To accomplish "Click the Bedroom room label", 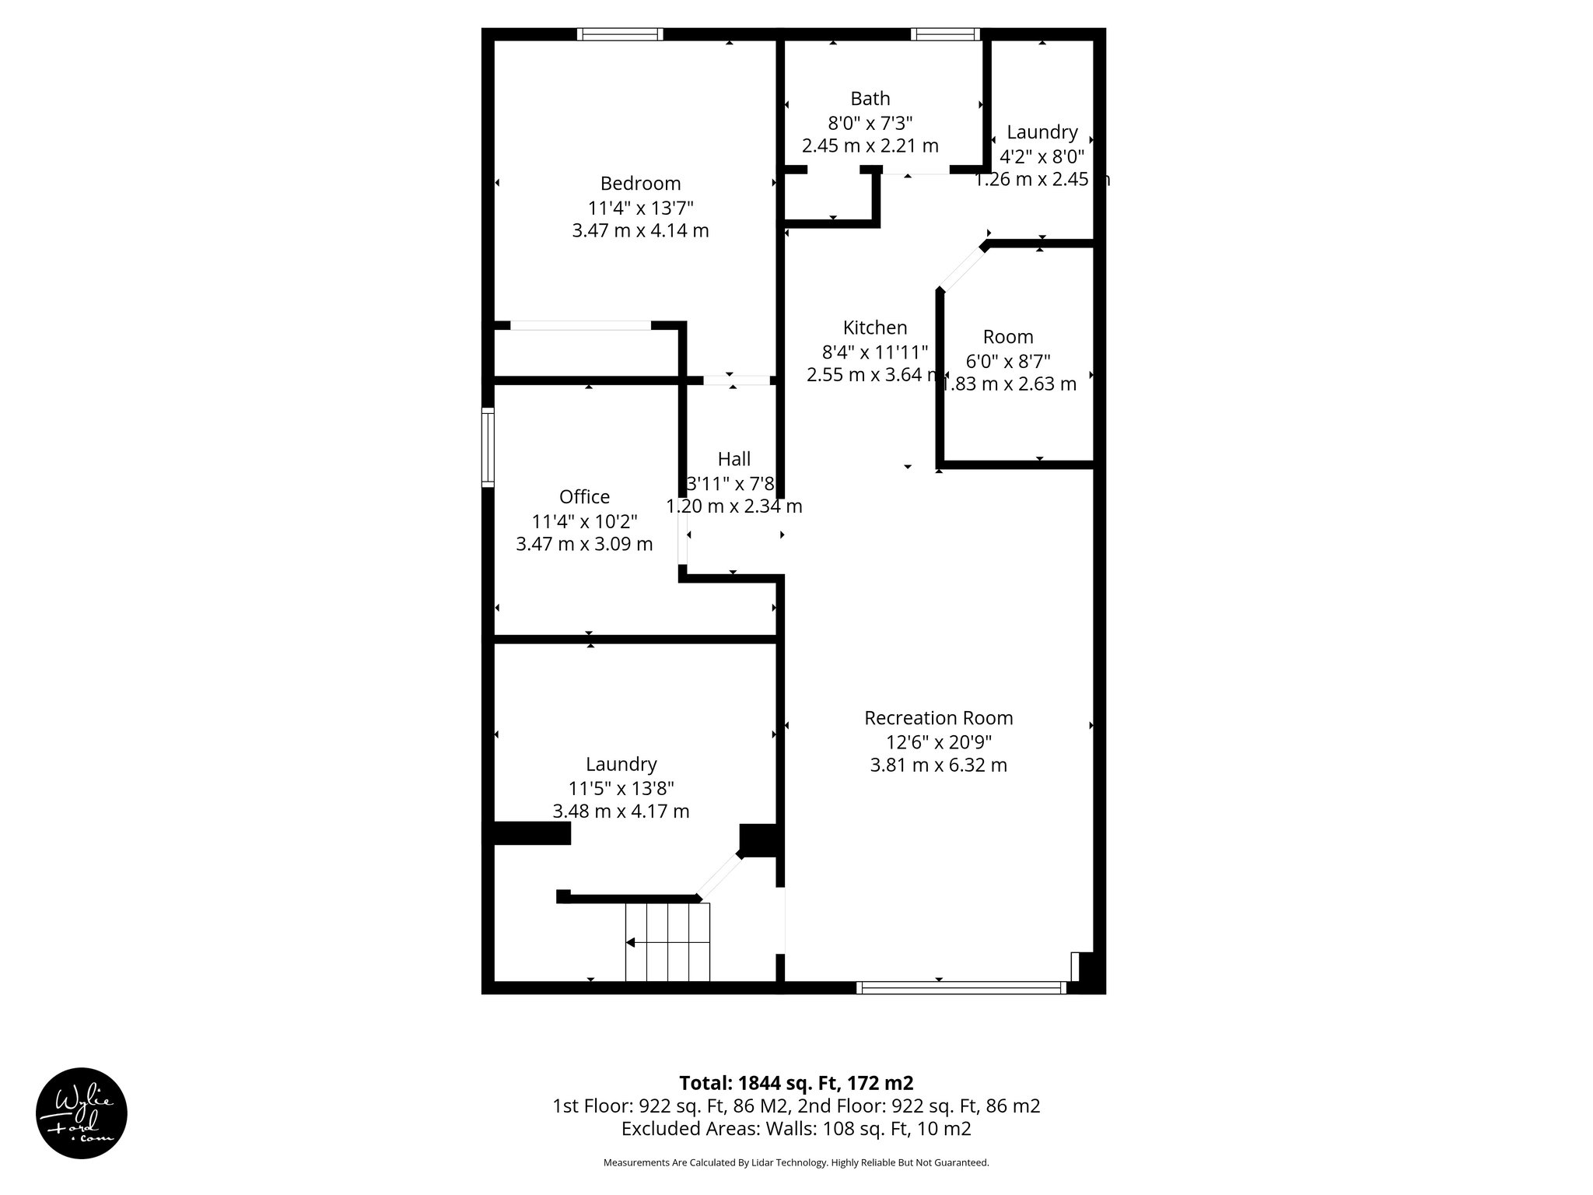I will point(640,184).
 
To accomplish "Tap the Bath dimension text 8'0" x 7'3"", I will point(870,123).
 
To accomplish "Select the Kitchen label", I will point(875,328).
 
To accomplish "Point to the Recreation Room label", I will point(938,717).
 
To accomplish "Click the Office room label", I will point(584,496).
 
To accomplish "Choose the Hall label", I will point(733,459).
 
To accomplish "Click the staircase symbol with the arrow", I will point(667,942).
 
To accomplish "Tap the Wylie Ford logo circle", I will point(82,1113).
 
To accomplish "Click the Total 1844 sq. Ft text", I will point(796,1083).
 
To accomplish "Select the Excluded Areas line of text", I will point(796,1128).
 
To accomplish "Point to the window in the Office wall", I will point(488,448).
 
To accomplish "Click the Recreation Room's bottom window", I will point(961,987).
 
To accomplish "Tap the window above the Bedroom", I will point(620,34).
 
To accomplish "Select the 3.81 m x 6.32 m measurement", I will point(938,766).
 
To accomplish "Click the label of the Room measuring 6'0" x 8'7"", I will point(1008,337).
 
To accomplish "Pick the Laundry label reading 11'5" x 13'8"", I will point(621,764).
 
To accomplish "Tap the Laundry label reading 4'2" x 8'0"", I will point(1042,132).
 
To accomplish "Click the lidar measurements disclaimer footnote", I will point(796,1162).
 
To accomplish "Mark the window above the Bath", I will point(945,34).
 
